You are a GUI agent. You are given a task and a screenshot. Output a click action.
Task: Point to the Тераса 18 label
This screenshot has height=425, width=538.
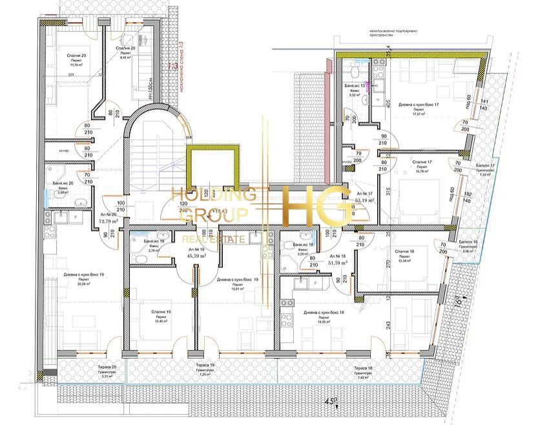click(363, 368)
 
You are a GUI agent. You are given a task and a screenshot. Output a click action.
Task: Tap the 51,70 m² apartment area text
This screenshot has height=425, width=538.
click(338, 262)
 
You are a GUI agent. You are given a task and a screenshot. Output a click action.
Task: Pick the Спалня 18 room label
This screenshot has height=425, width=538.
click(404, 252)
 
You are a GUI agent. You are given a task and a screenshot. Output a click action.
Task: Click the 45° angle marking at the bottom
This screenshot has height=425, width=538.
click(331, 402)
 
